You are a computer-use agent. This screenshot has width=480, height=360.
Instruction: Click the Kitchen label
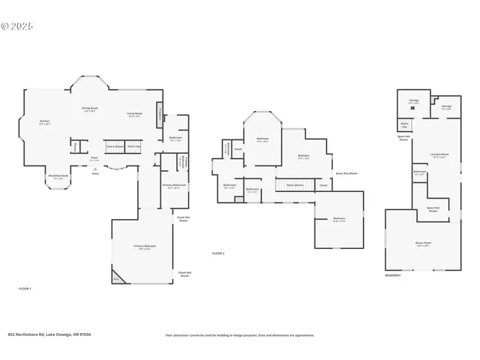[x=43, y=122]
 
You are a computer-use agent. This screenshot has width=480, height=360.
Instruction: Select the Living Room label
[x=134, y=115]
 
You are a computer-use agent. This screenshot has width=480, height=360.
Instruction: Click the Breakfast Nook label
[x=58, y=177]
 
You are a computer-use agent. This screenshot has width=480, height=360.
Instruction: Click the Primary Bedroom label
[x=145, y=247]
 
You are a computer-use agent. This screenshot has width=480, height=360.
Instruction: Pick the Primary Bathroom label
[x=174, y=186]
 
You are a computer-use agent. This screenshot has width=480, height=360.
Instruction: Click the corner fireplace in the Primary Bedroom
[x=117, y=277]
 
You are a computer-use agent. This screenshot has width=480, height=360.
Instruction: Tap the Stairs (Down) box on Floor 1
[x=115, y=146]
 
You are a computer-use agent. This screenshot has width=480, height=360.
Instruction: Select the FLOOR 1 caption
[x=25, y=288]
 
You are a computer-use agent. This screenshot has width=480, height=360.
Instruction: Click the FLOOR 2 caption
[x=218, y=253]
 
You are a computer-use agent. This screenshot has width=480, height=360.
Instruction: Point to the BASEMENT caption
[x=394, y=275]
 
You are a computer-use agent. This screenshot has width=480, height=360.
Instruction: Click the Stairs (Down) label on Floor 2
[x=295, y=184]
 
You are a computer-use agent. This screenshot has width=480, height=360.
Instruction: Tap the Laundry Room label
[x=439, y=156]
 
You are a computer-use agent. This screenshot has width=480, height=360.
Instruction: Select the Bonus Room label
[x=423, y=244]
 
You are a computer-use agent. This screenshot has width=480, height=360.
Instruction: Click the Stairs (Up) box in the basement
[x=404, y=125]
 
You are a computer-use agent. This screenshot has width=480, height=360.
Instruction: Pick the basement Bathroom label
[x=419, y=173]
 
